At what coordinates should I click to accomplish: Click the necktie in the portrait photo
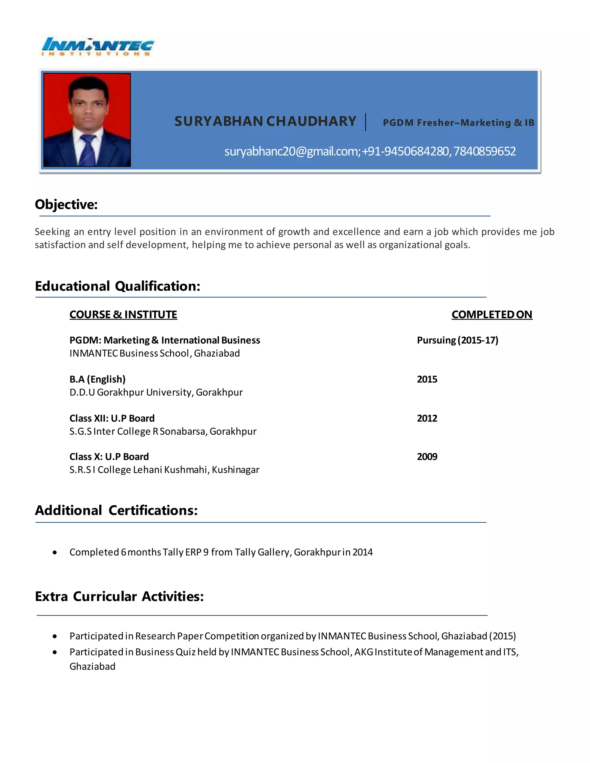pos(87,150)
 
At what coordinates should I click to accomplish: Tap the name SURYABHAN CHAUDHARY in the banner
pos(265,121)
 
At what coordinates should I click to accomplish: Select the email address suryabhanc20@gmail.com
pos(292,151)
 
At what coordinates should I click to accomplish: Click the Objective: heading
pos(66,204)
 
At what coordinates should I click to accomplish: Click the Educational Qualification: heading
pos(118,286)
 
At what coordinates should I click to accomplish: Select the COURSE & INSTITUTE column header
pos(123,314)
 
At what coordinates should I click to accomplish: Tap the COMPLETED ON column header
pos(491,314)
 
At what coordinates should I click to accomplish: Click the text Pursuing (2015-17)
pos(457,340)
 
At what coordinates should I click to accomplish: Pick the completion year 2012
pos(427,418)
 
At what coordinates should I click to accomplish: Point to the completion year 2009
pos(427,457)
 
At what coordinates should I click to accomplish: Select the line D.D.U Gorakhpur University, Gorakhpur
pos(156,392)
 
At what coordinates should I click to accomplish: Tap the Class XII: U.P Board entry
pos(112,418)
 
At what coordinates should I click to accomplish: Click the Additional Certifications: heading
pos(116,510)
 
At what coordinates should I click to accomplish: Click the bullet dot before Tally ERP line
pos(55,552)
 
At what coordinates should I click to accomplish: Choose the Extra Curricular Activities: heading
pos(119,596)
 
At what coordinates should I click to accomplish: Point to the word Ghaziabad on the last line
pos(92,666)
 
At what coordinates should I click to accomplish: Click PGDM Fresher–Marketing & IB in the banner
pos(458,123)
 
